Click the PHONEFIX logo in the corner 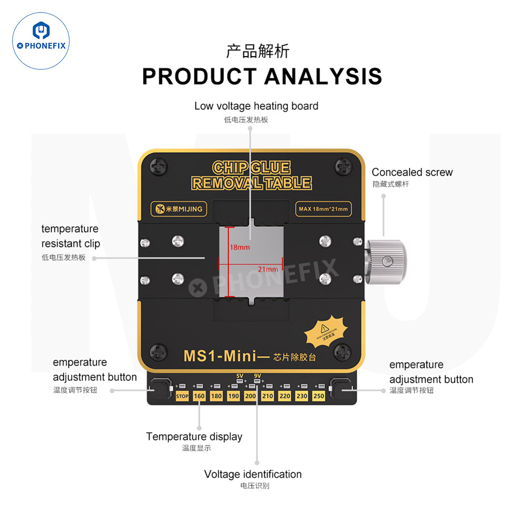[41, 41]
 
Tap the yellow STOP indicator [182, 396]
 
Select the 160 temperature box [199, 396]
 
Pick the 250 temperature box [319, 396]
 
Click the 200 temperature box [250, 396]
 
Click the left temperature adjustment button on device [159, 390]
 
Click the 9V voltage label [257, 376]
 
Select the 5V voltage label [240, 376]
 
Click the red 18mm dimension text [240, 247]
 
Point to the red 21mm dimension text [267, 269]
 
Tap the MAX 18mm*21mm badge [323, 209]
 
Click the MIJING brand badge [178, 209]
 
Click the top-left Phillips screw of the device [158, 167]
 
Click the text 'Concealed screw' [412, 173]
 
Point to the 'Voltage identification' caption [253, 474]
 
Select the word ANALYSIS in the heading [323, 77]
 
